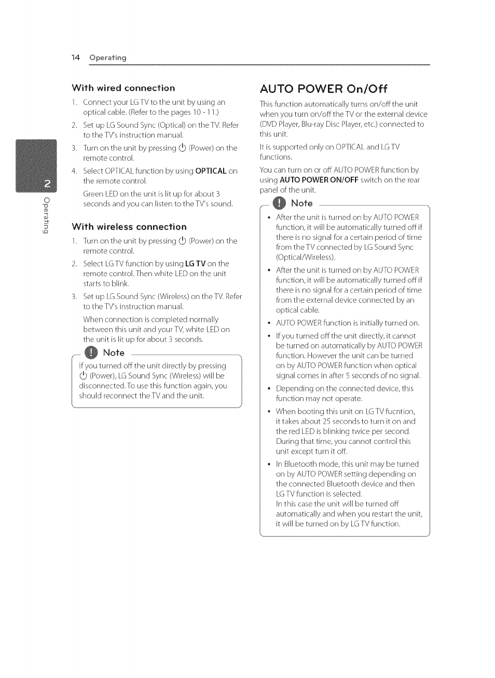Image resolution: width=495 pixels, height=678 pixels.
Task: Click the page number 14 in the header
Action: (76, 58)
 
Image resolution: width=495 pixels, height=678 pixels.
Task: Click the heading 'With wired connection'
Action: (123, 88)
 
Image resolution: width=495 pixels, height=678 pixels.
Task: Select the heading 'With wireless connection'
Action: (129, 227)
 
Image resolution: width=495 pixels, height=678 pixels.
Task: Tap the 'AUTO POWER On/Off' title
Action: (324, 88)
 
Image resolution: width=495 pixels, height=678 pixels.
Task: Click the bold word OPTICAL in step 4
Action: (211, 171)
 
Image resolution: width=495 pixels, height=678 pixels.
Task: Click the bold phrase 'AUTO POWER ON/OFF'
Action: (319, 180)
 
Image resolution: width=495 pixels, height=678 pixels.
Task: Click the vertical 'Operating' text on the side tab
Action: (46, 215)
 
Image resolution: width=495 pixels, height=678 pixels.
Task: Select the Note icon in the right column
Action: (280, 203)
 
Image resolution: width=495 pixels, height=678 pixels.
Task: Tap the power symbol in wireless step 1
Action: (182, 241)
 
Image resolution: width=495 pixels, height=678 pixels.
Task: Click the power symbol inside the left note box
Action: (83, 376)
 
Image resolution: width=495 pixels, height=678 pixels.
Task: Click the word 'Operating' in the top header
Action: (108, 58)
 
